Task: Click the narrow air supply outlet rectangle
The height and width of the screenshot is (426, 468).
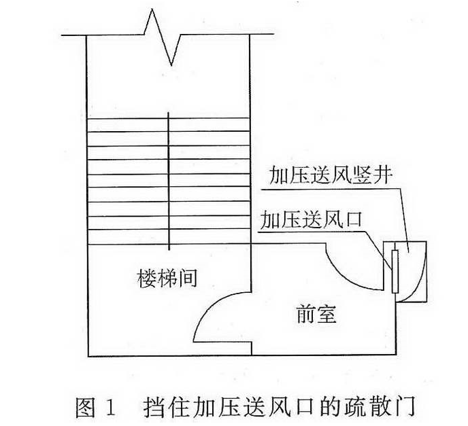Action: [x=395, y=271]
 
